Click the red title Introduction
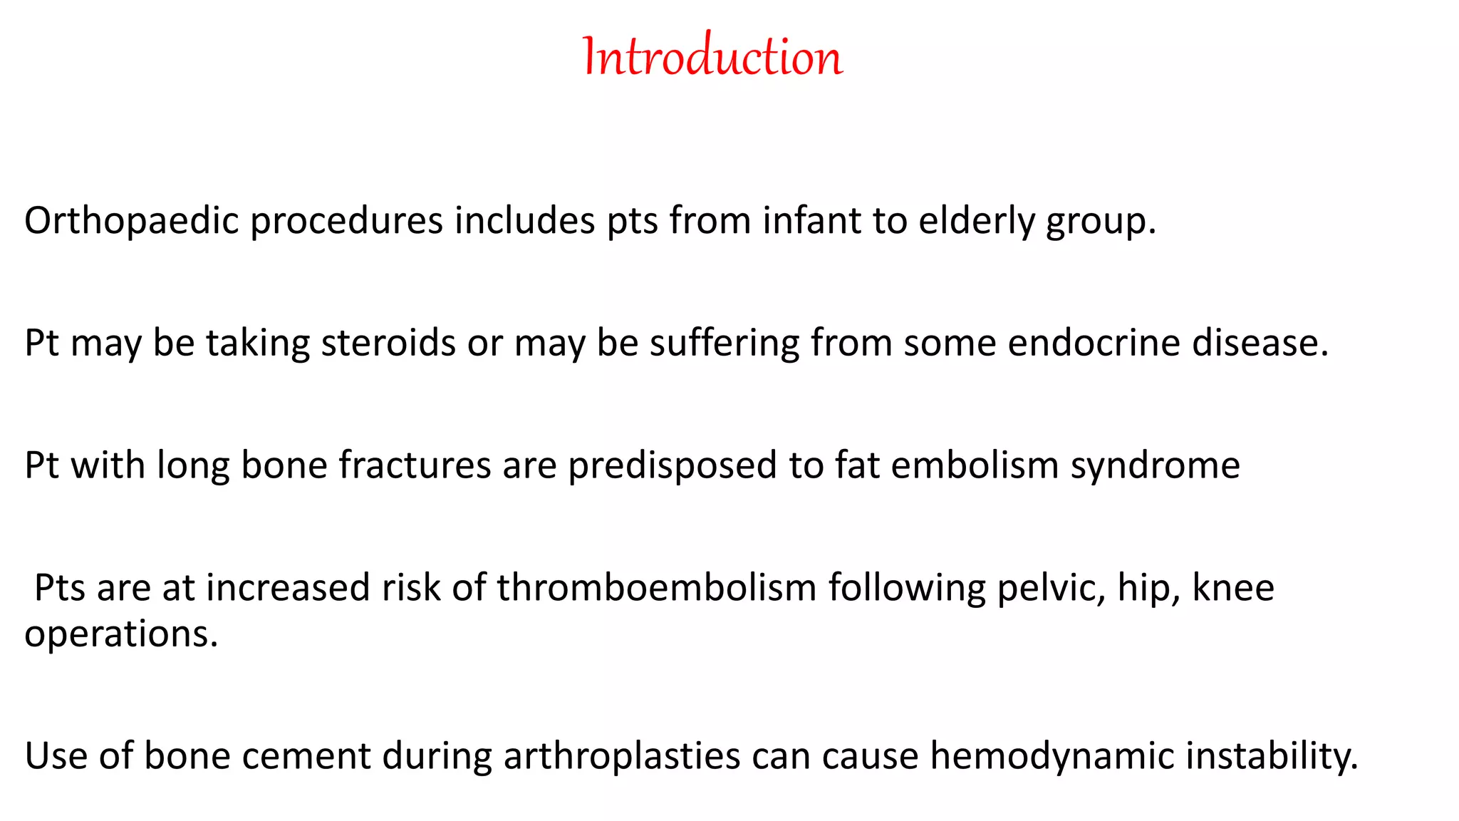coord(712,57)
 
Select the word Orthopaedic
coord(131,222)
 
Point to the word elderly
coord(976,222)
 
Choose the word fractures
coord(415,465)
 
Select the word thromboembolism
coord(656,588)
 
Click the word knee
coord(1233,588)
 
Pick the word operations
coord(120,635)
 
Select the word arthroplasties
coord(622,758)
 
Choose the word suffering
coord(725,344)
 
